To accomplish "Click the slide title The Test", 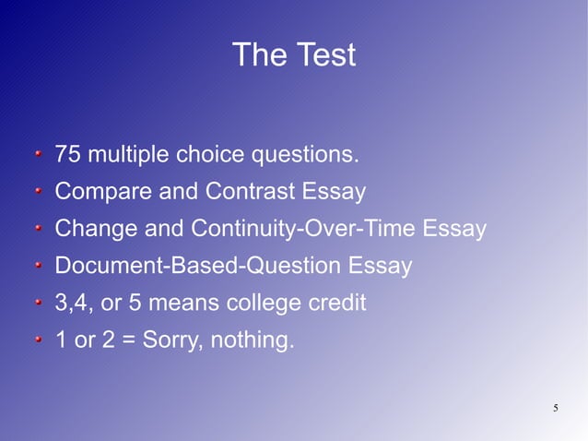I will pyautogui.click(x=293, y=55).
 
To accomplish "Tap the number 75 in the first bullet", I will pyautogui.click(x=66, y=155).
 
